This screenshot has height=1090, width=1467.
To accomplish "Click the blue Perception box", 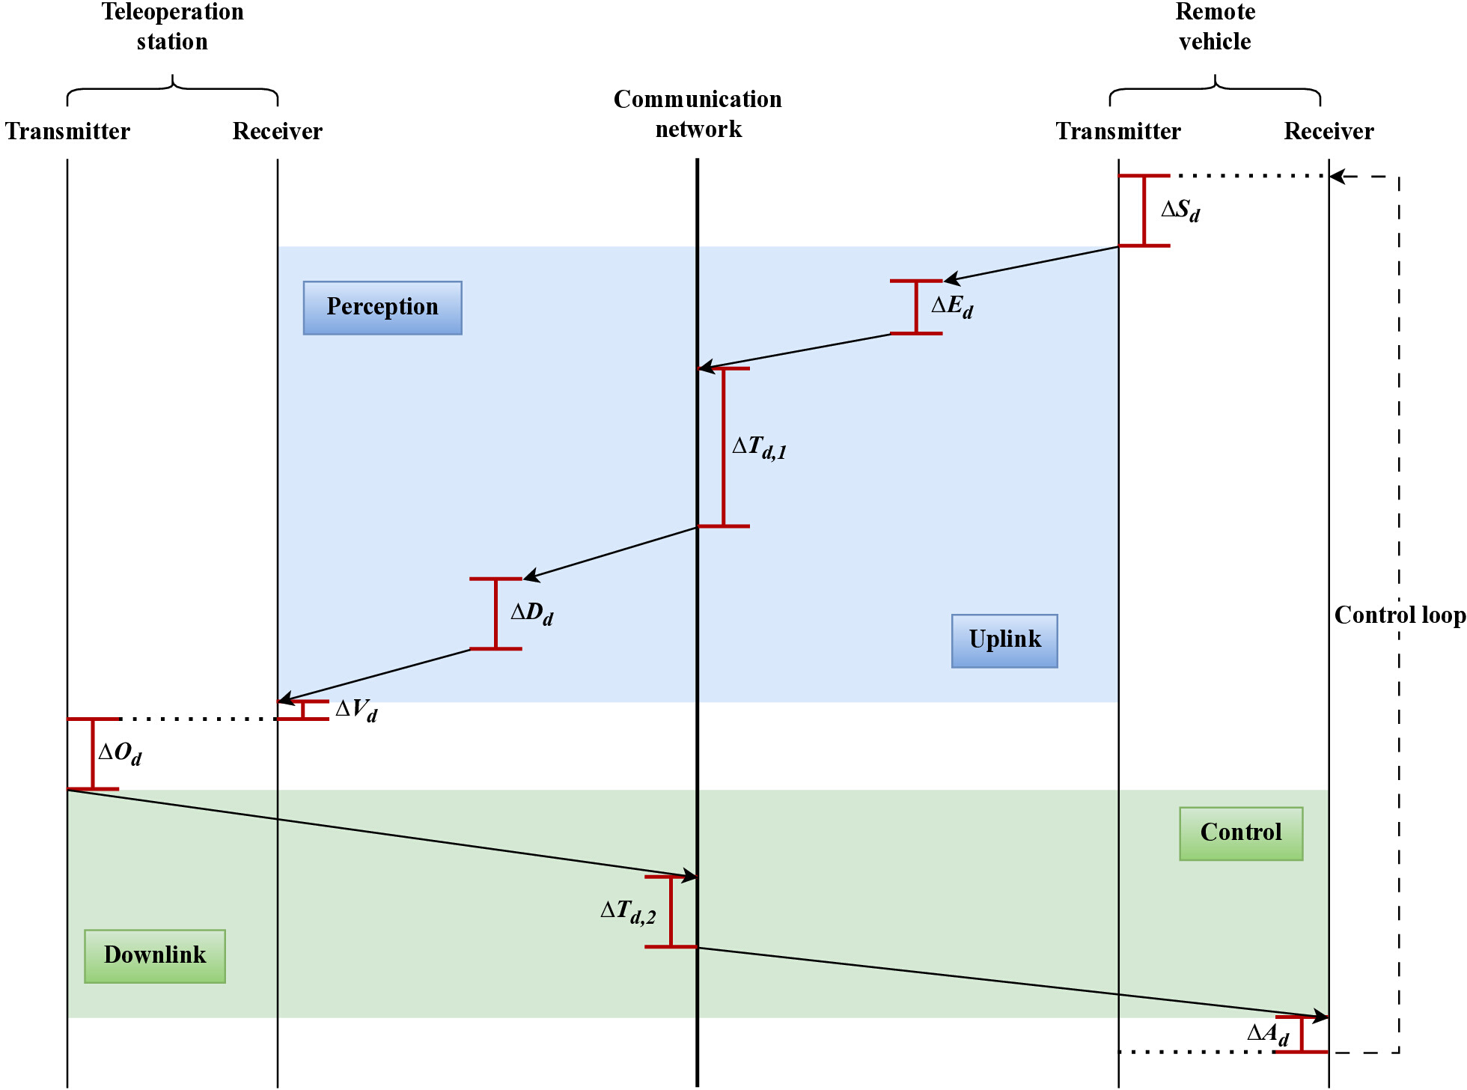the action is click(382, 308).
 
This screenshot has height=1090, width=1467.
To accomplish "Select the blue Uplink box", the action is click(1004, 641).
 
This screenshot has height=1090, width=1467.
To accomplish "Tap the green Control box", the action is click(1241, 833).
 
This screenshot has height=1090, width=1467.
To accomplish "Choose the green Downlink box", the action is click(155, 956).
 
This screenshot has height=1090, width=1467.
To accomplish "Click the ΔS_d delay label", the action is click(1180, 210).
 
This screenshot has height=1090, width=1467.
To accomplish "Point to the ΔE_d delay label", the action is click(952, 306).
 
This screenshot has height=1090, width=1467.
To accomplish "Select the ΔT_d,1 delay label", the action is click(759, 448).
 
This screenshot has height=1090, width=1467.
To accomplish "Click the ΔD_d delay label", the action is click(531, 614).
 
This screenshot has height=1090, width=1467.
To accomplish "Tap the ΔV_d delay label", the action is click(356, 710).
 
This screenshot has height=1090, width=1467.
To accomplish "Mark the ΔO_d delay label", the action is click(120, 753).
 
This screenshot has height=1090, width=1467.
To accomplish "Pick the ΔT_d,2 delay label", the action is click(628, 912).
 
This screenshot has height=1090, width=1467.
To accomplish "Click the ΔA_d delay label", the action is click(1268, 1035).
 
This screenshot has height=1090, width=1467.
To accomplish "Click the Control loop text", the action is click(1400, 615).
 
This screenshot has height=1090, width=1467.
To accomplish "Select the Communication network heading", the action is click(698, 114).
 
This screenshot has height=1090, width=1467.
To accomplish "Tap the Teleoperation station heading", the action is click(172, 26).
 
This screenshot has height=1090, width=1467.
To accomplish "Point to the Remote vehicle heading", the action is click(1215, 26).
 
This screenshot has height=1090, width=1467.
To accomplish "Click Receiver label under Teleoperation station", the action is click(278, 132).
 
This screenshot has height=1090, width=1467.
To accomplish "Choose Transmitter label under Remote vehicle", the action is click(1118, 132).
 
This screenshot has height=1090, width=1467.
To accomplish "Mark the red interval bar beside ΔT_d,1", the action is click(724, 448).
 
